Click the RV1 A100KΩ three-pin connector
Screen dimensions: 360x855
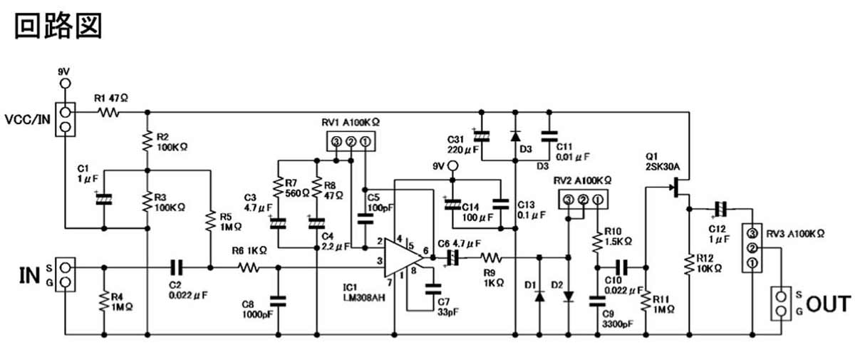350,143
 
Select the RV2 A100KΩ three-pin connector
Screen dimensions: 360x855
583,200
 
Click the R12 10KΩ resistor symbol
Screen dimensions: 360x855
689,264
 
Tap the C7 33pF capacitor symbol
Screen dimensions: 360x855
432,289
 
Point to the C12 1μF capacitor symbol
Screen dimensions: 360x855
720,209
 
